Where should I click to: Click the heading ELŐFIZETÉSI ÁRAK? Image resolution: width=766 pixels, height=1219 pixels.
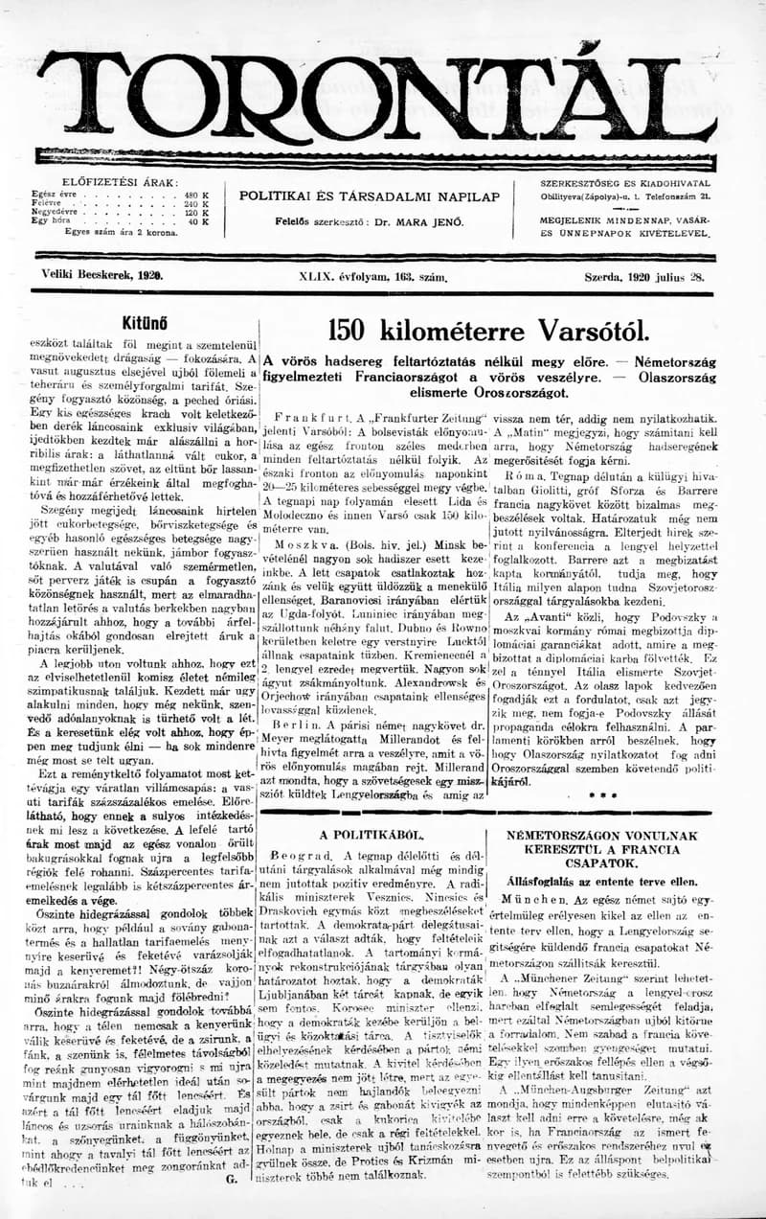coord(119,182)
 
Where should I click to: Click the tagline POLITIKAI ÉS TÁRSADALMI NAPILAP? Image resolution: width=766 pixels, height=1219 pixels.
coord(370,196)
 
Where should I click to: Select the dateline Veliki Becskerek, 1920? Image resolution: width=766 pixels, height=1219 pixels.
coord(102,275)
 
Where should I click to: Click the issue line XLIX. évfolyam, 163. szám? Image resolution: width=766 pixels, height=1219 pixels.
coord(373,277)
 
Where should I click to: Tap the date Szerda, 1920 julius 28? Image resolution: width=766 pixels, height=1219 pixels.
coord(644,276)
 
